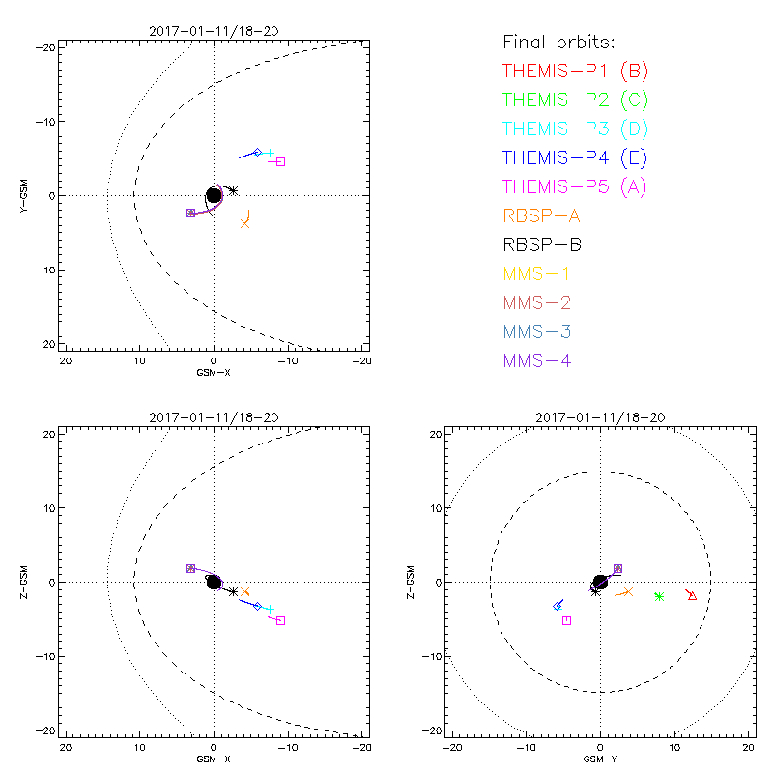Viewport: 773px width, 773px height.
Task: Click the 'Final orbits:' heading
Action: (559, 42)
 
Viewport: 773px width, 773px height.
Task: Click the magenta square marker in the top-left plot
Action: (280, 161)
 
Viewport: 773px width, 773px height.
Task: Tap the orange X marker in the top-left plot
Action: (245, 223)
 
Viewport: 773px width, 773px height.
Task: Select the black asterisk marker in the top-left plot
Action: (233, 190)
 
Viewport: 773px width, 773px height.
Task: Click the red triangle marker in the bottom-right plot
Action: (692, 595)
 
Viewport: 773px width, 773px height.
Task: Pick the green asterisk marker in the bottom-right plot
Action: (659, 597)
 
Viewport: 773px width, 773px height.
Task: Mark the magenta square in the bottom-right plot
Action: (566, 620)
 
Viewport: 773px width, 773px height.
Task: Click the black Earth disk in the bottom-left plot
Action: (214, 582)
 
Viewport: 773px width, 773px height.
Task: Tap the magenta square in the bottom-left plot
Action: (280, 620)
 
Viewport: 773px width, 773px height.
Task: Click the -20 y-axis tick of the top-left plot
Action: (43, 46)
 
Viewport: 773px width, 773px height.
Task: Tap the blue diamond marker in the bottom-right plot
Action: (558, 606)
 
